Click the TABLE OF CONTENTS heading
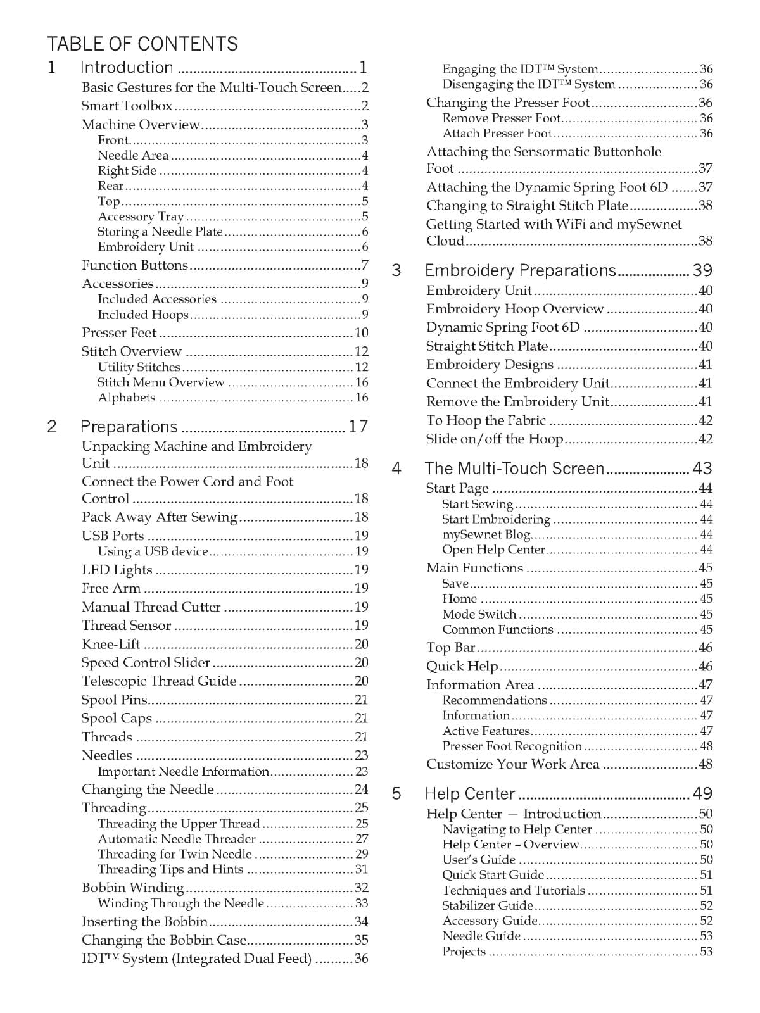[x=142, y=44]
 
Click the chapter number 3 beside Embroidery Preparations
[x=396, y=271]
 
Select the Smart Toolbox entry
[x=127, y=106]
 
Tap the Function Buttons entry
[x=135, y=265]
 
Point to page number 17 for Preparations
[x=358, y=427]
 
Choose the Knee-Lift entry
[x=111, y=645]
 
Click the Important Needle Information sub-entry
[x=183, y=771]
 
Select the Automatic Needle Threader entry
[x=177, y=839]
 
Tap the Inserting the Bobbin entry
[x=145, y=922]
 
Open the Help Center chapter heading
[x=470, y=794]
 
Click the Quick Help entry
[x=462, y=666]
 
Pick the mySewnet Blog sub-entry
[x=486, y=534]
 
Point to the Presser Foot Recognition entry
[x=512, y=746]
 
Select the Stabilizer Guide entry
[x=488, y=905]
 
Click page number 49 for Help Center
[x=702, y=794]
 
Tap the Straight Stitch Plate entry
[x=487, y=346]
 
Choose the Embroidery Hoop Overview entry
[x=515, y=309]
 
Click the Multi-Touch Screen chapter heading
[x=514, y=469]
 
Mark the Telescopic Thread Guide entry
[x=159, y=681]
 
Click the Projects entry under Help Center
[x=464, y=952]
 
